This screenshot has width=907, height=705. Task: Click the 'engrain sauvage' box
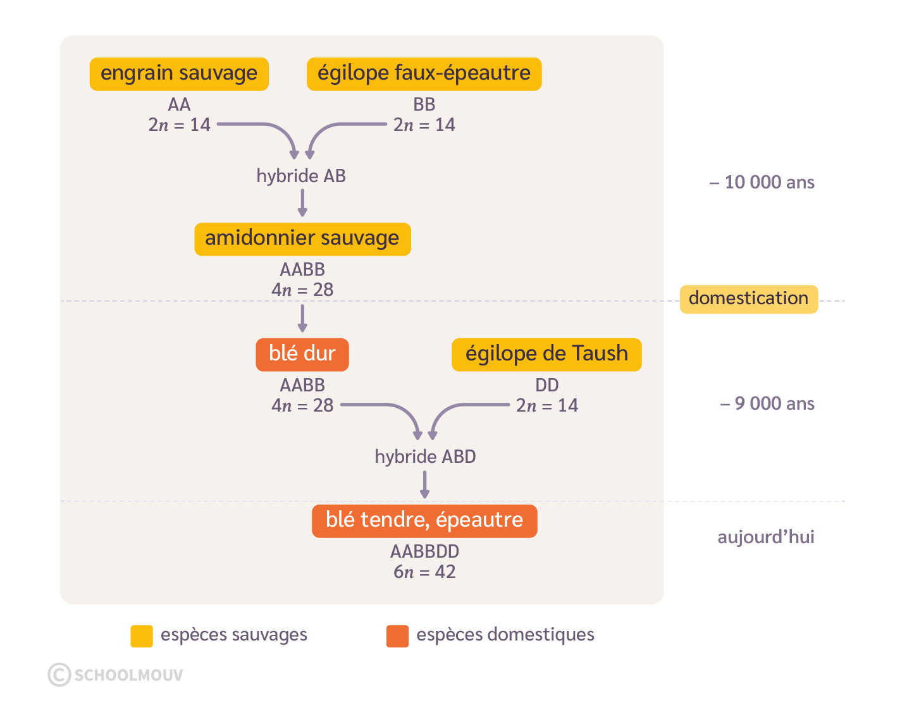(x=179, y=74)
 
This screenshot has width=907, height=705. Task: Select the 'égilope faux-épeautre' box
(x=424, y=74)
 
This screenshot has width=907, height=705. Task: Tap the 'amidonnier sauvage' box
(x=302, y=239)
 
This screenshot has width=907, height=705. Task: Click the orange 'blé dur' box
(x=302, y=354)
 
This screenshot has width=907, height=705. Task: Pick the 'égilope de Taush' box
(x=546, y=354)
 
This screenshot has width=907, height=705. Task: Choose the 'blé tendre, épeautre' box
(x=424, y=520)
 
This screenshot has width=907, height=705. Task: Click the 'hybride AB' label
(x=301, y=176)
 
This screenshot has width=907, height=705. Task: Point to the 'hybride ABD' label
(x=425, y=457)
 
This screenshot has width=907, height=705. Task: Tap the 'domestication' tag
(x=748, y=298)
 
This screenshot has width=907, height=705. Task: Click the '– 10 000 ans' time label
(x=762, y=183)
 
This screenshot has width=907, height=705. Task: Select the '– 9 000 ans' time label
(x=767, y=404)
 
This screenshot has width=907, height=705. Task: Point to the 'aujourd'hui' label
(x=765, y=537)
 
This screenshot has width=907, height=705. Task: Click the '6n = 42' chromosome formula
(x=424, y=572)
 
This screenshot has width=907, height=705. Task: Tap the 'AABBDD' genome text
(x=424, y=552)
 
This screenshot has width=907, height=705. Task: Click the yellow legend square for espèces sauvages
(x=142, y=636)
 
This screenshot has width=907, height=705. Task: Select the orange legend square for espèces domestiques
(x=398, y=636)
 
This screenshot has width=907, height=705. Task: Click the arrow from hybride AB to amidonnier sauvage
(x=302, y=202)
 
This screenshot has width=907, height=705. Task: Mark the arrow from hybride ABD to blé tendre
(x=425, y=484)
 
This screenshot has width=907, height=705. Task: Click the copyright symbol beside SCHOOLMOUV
(x=59, y=675)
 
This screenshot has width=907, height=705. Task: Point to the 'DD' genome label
(x=547, y=385)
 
